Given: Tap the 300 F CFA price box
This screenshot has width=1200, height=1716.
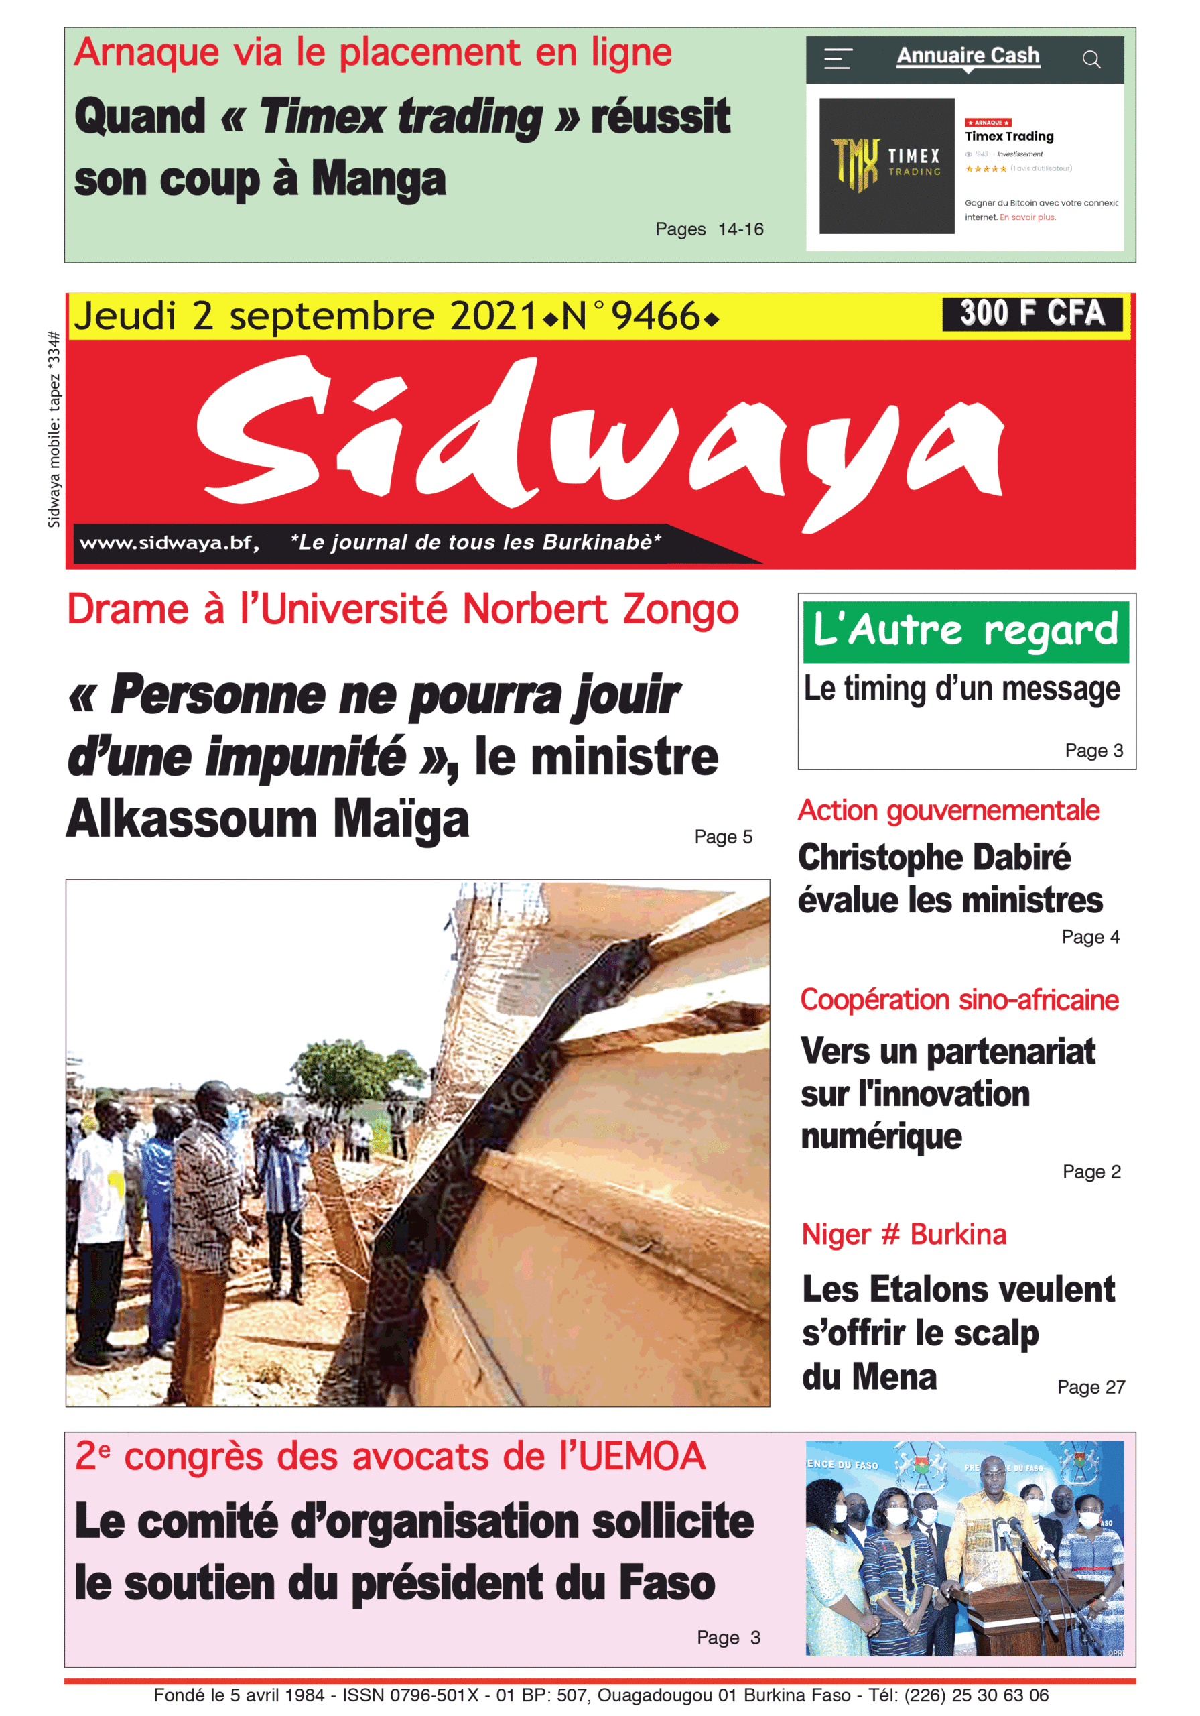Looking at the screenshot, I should [x=1031, y=313].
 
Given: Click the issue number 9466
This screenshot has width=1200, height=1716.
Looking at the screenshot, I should [x=655, y=317].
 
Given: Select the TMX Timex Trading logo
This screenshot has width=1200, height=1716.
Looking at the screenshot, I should [x=886, y=165].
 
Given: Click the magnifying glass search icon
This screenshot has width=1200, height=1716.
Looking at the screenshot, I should [x=1091, y=60].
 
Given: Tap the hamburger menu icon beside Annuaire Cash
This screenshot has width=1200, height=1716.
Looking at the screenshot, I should [x=838, y=59].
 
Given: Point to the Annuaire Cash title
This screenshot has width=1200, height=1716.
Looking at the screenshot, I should [x=968, y=56].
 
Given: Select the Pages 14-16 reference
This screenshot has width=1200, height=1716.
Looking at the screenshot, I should [x=709, y=229].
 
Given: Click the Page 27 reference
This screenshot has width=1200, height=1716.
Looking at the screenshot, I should [x=1090, y=1387].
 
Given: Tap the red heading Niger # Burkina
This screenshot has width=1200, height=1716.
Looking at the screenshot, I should [x=903, y=1235].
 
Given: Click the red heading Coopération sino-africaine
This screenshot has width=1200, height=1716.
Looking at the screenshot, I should [x=959, y=1000].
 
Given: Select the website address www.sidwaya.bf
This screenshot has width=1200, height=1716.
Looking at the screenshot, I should [x=169, y=542].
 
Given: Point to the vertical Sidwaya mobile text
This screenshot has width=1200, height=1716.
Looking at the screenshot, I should [x=54, y=430].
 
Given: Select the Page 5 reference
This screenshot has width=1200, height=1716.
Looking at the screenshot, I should [x=722, y=837].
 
